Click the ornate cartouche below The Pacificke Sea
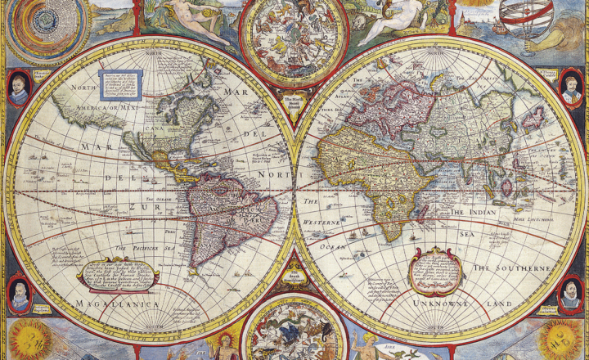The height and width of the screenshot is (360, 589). [117, 272]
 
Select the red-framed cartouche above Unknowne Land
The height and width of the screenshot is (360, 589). [435, 269]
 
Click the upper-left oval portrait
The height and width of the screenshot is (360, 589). [19, 88]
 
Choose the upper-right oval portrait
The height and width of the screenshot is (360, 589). [572, 87]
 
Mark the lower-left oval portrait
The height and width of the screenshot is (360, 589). [19, 295]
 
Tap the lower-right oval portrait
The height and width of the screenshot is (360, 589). [572, 295]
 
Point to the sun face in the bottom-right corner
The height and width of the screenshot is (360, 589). [561, 340]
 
